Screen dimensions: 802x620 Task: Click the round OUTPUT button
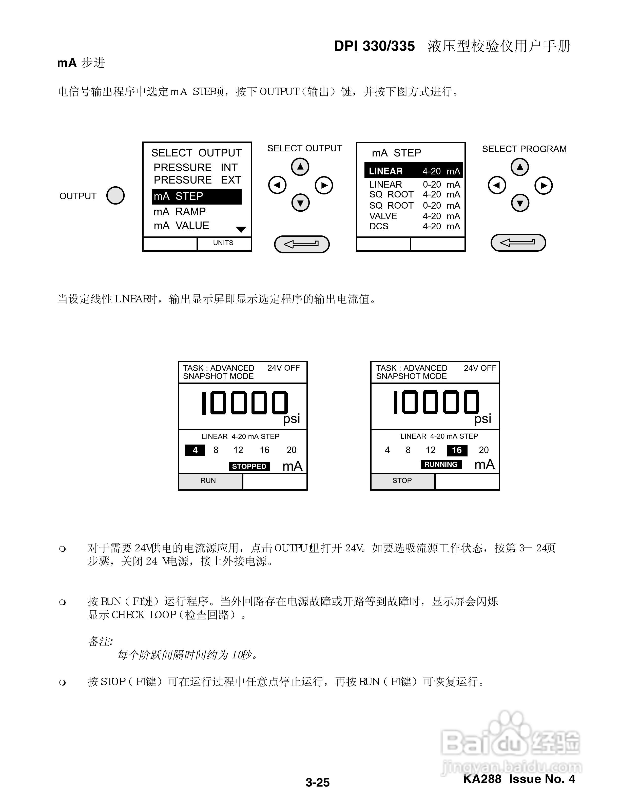tap(115, 195)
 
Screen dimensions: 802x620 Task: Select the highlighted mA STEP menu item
tap(197, 196)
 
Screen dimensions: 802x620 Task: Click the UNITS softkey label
tap(223, 243)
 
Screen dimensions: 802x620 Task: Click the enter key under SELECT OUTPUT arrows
tap(302, 244)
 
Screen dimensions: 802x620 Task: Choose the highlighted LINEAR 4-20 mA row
tap(414, 171)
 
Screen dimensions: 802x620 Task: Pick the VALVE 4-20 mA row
tap(414, 216)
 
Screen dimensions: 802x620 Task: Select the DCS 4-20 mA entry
tap(414, 226)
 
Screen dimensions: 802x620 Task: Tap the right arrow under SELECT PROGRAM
tap(544, 186)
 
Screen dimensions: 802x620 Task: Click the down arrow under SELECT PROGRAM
tap(520, 203)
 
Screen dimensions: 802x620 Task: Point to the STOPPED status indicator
tap(249, 466)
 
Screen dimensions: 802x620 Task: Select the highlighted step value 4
tap(195, 450)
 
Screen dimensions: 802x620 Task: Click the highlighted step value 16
tap(457, 450)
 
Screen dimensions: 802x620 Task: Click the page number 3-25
tap(318, 782)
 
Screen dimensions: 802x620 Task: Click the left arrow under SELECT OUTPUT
tap(277, 185)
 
